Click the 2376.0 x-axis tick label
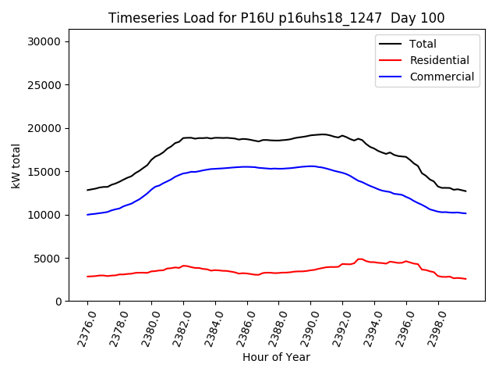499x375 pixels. pos(82,327)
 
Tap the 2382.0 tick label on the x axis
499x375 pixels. pos(178,327)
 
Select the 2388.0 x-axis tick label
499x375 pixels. pos(273,327)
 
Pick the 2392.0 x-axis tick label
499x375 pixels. pos(337,327)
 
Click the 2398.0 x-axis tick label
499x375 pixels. pos(432,327)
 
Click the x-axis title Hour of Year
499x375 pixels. pos(276,357)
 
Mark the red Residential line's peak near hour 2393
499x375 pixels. pos(359,259)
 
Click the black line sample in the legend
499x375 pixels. pos(391,44)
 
